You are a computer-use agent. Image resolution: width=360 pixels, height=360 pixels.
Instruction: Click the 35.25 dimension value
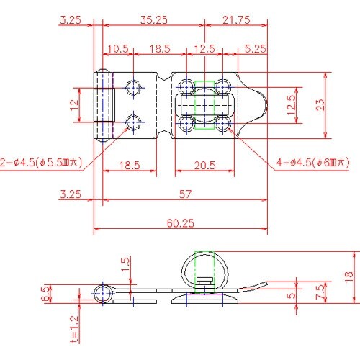154,19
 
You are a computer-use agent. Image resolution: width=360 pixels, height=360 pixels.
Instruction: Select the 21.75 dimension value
236,19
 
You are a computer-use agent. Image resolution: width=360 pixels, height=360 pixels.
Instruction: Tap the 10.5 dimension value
118,49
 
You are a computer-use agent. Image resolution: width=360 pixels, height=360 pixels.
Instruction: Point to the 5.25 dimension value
256,49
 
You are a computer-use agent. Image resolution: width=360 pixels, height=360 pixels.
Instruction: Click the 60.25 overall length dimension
181,223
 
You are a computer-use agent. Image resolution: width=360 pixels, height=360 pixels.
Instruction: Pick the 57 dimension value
185,194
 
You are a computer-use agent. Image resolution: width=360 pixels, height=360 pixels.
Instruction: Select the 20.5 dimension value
204,166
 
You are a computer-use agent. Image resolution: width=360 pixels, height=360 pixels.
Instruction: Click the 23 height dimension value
320,105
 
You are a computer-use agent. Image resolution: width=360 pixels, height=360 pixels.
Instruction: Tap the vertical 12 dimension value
74,105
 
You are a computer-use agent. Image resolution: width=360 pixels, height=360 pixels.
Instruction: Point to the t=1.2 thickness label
74,329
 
